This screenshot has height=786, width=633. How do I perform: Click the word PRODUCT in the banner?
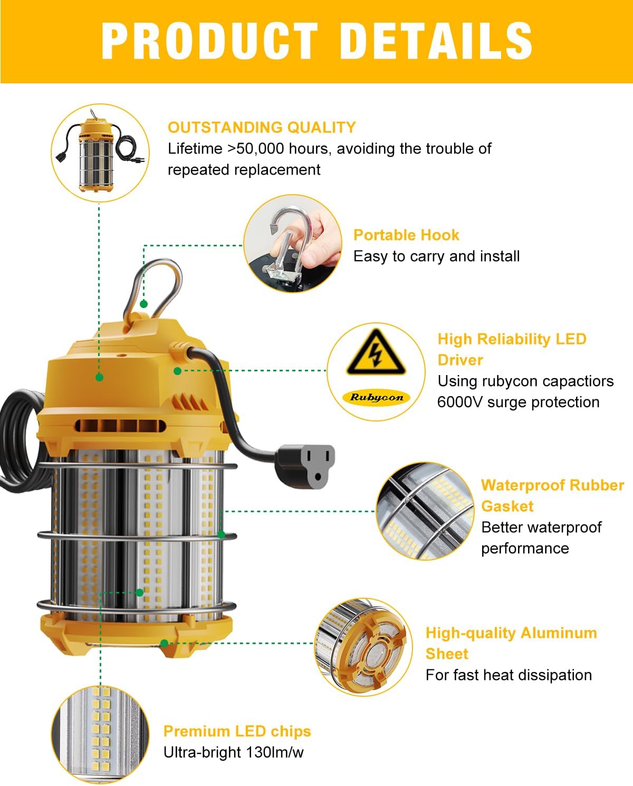209,41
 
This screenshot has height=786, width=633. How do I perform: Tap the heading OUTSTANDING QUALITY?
262,127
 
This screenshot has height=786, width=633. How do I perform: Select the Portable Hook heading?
406,235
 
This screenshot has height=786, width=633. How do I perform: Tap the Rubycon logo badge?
377,398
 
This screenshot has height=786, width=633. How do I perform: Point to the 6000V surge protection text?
518,402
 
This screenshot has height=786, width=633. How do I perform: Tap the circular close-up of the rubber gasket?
425,511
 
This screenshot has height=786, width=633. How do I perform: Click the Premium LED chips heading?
237,731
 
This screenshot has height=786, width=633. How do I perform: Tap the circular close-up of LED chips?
100,734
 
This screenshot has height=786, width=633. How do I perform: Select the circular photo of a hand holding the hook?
293,243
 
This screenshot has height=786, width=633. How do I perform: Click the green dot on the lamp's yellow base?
164,643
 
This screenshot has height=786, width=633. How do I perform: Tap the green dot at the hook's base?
143,304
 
